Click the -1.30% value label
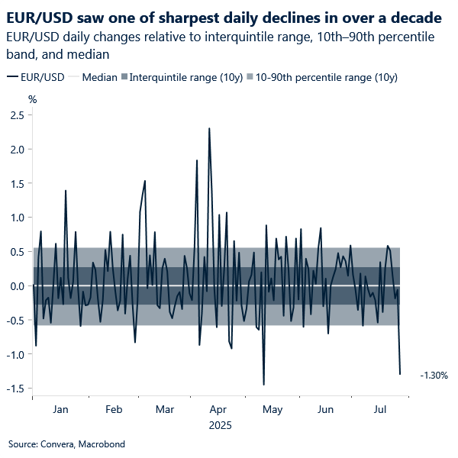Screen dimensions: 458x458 point(434,376)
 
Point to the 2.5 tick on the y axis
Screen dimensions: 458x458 point(17,114)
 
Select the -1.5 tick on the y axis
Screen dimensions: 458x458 point(16,389)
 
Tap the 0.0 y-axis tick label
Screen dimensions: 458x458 point(17,285)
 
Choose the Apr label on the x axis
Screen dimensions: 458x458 point(218,410)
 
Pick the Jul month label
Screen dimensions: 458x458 point(382,410)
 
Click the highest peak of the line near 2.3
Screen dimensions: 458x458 point(209,128)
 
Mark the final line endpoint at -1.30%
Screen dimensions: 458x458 point(400,374)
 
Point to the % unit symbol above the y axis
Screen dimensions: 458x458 point(32,99)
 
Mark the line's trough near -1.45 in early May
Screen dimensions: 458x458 point(263,384)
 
